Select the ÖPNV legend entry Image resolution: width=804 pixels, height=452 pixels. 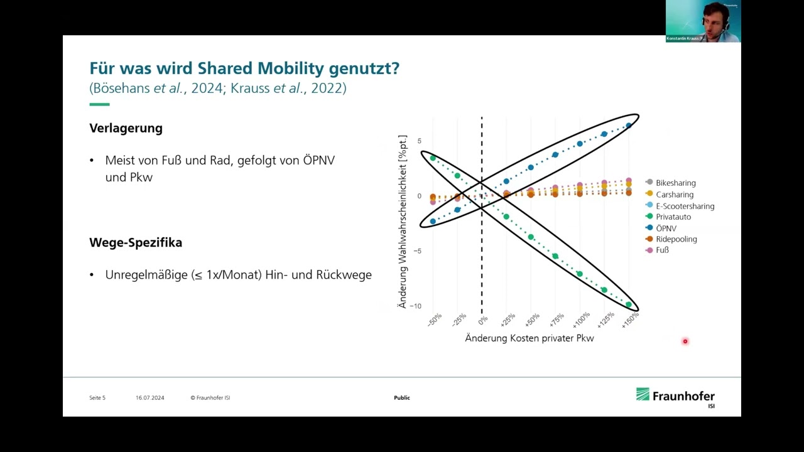coord(666,228)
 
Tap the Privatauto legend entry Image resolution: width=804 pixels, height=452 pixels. coord(673,217)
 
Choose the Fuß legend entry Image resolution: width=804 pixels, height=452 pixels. coord(662,250)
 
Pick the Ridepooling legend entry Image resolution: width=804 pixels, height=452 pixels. coord(676,239)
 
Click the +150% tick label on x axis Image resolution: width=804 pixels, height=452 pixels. coord(629,318)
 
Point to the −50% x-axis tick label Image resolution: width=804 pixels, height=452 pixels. coord(434,319)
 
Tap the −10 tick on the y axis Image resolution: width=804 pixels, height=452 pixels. coord(415,306)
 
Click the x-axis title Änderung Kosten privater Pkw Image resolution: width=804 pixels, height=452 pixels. coord(529,338)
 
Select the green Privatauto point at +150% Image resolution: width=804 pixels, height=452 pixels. coord(629,304)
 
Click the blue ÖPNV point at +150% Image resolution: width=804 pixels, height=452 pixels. coord(629,126)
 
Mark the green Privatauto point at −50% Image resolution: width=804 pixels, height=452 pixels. coord(433,158)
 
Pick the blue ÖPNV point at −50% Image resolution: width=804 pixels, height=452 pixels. coord(433,222)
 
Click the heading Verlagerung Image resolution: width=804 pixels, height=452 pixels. coord(126,128)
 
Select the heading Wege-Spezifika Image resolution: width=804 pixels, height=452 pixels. coord(136,242)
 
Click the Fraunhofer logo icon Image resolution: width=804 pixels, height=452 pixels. coord(643,394)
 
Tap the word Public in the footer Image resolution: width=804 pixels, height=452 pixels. coord(402,397)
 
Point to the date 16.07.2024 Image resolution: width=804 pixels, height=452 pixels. coord(149,397)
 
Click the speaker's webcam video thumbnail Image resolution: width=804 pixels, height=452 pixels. coord(703,21)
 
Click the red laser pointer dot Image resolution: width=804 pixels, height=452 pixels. coord(685,342)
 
